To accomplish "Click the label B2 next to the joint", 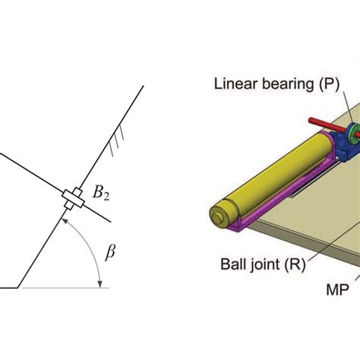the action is pos(101,193).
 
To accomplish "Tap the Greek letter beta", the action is pos(110,252).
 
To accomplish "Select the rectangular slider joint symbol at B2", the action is pos(73,199).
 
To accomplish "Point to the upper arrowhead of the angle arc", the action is pos(65,221).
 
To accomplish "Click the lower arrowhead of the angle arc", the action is pos(100,284).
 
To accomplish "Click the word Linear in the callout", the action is pos(236,84).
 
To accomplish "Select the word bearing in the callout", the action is pos(288,85).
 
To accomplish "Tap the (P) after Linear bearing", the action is pos(329,84).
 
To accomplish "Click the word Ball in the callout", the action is pos(232,264).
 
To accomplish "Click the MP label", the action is pos(337,289).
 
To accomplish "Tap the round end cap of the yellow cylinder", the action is pos(218,215).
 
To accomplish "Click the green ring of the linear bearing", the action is pos(352,134).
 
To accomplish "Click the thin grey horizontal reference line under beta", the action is pos(65,288).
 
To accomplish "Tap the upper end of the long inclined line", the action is pos(144,86).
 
